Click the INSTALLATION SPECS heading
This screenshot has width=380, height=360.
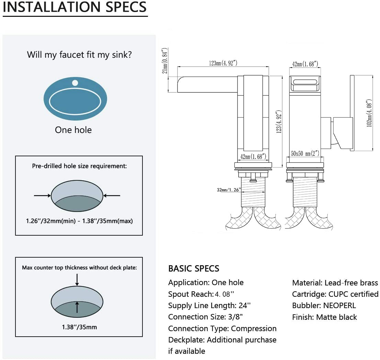[75, 7]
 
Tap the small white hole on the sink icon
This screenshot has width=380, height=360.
[75, 83]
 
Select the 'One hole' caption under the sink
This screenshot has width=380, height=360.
[73, 130]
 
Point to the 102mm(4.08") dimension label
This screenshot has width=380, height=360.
[369, 113]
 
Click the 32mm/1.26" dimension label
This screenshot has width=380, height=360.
[229, 189]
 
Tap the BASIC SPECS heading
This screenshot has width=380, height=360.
[194, 268]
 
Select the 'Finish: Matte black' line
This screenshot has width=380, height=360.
[324, 317]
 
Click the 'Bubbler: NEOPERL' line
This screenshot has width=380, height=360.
[324, 305]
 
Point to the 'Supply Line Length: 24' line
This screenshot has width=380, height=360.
[209, 305]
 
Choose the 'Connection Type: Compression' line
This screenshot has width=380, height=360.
[222, 328]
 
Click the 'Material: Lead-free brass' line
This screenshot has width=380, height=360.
[335, 283]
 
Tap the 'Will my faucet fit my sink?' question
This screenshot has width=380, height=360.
[79, 55]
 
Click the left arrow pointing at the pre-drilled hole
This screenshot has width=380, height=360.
[42, 195]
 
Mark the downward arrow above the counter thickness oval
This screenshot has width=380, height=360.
[77, 279]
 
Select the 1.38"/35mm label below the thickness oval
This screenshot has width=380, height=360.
[79, 327]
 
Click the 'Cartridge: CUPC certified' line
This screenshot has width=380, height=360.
[335, 294]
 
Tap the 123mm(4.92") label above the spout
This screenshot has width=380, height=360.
[223, 63]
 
